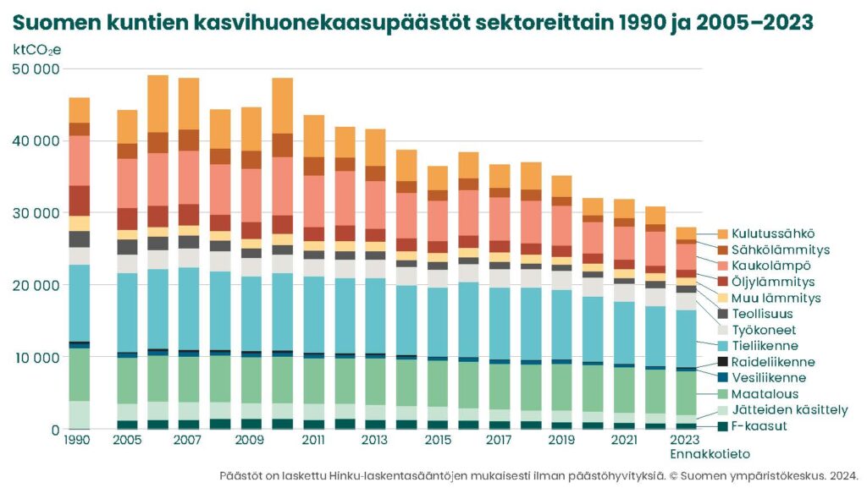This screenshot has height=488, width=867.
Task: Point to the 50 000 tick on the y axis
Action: [x=36, y=69]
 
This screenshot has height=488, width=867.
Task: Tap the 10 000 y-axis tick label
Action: [x=36, y=358]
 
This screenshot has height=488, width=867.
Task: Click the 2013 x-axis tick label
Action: [x=374, y=441]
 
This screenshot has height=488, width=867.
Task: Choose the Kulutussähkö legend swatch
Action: [x=722, y=234]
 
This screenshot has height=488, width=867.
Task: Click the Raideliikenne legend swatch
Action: [x=722, y=362]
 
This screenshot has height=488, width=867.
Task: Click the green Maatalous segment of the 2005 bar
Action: [x=127, y=381]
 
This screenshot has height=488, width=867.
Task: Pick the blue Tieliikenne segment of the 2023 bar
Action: [x=686, y=338]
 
